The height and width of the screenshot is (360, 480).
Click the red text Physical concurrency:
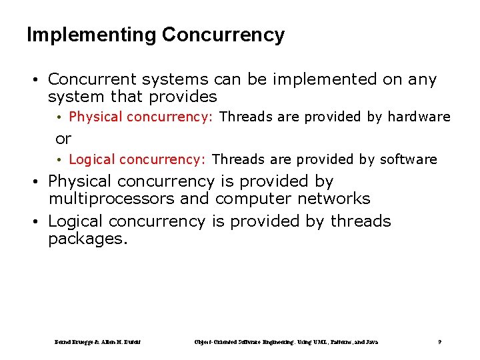click(141, 117)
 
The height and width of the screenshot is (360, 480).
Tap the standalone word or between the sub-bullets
click(63, 139)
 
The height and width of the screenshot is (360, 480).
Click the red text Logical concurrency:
click(137, 159)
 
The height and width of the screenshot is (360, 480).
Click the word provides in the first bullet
click(183, 97)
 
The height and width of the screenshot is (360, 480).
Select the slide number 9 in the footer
click(439, 342)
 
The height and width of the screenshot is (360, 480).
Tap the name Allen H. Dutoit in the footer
click(121, 342)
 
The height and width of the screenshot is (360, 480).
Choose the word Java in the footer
click(370, 342)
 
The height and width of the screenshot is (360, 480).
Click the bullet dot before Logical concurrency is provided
click(39, 221)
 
